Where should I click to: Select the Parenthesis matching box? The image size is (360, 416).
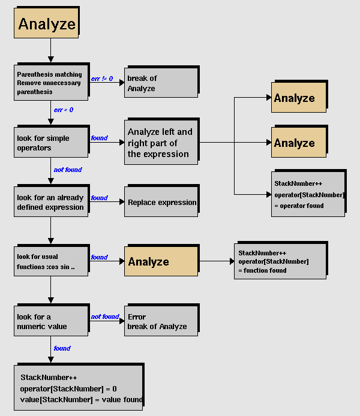pos(50,83)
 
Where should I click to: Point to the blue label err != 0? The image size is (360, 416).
pos(102,79)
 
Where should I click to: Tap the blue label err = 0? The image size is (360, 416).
pos(64,110)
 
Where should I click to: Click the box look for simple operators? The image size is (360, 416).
pos(50,143)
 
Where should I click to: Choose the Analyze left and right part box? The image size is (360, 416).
pos(160,143)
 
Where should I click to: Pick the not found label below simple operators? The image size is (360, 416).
pos(68,170)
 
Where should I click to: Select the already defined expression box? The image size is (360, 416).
pos(50,202)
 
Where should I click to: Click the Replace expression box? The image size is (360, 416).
pos(160,202)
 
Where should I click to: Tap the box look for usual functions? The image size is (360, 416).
pos(50,261)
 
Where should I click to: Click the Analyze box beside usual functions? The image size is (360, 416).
pos(160,261)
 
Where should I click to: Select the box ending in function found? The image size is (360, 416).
pos(280,261)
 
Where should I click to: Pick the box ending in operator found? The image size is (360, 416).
pos(308,194)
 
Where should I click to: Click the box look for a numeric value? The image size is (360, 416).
pos(50,321)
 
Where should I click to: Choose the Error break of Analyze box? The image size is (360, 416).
pos(160,321)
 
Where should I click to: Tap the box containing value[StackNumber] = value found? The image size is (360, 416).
pos(78,388)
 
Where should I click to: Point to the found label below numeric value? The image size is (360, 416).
pos(62,348)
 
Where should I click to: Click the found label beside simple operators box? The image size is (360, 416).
pos(99,138)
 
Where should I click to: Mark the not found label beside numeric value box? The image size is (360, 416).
pos(105,316)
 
